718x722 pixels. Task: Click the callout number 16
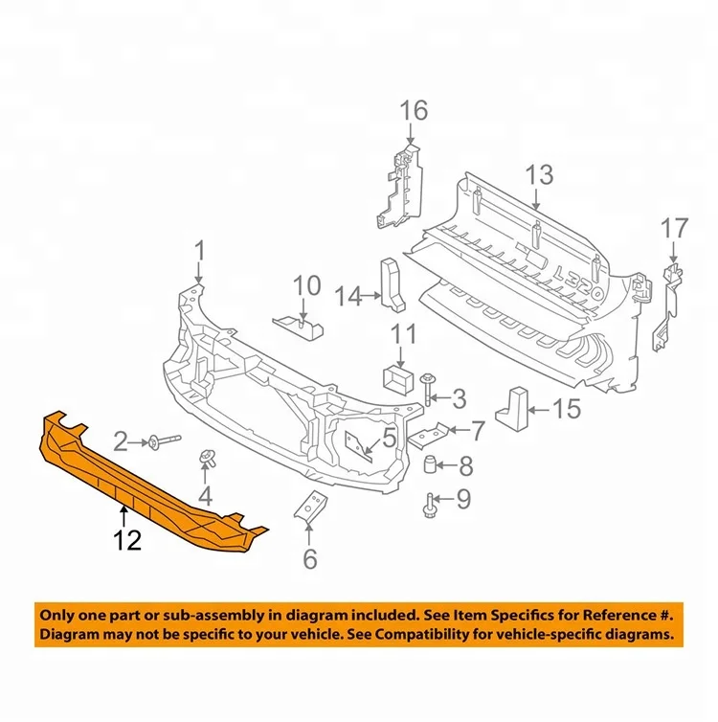[x=414, y=111]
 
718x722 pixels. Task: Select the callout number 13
[x=539, y=175]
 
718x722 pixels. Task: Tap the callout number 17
[x=674, y=229]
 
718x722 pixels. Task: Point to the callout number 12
[x=127, y=541]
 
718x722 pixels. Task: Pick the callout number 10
[x=307, y=285]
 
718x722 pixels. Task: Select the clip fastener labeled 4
[x=205, y=460]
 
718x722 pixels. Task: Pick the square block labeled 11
[x=396, y=379]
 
